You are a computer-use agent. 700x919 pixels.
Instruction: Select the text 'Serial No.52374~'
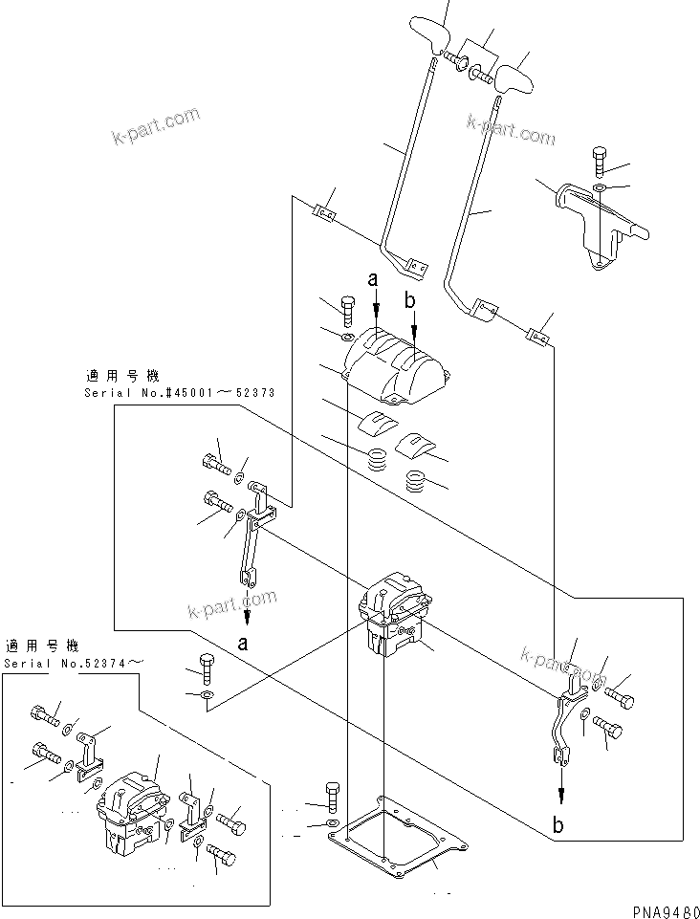coord(77,663)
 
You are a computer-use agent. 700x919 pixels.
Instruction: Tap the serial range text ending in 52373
coord(166,393)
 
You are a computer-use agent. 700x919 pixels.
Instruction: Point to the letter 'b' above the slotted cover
coord(411,301)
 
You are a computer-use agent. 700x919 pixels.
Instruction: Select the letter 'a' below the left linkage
coord(243,644)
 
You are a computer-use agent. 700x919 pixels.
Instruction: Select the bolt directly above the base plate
coord(331,796)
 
